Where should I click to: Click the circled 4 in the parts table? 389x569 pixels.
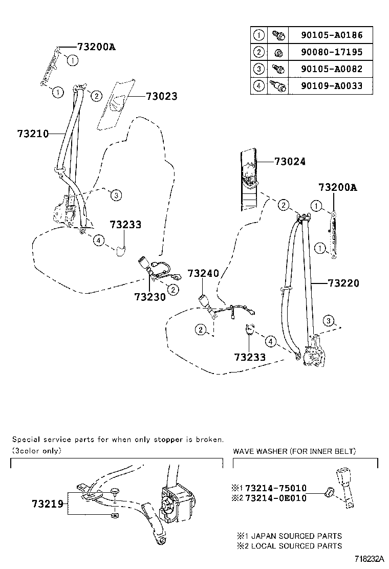click(259, 86)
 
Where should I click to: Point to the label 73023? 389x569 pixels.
click(161, 96)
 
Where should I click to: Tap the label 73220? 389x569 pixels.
click(343, 283)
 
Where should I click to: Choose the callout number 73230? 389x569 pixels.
click(150, 297)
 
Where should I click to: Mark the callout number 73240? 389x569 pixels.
click(203, 273)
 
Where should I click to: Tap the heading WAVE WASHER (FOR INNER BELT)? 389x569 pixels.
click(294, 451)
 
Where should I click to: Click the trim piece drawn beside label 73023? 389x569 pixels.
click(117, 105)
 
